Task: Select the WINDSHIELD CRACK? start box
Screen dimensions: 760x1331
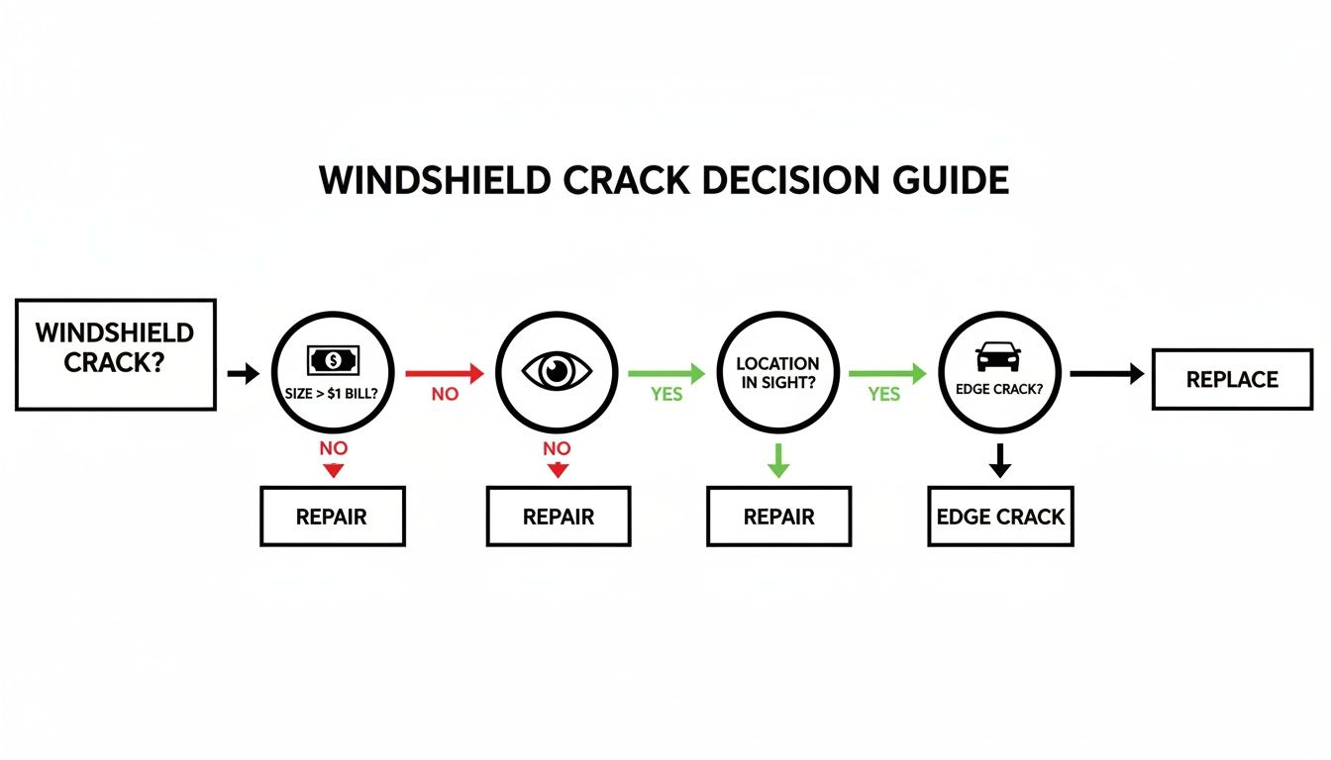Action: (x=116, y=354)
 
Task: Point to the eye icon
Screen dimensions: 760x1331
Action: (x=557, y=372)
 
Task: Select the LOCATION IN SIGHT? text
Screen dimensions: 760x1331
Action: (x=777, y=372)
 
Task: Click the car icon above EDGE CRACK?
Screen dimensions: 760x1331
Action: (x=999, y=356)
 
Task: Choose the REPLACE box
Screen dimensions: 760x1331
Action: (x=1232, y=379)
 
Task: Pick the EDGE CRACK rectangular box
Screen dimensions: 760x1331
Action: (x=1000, y=516)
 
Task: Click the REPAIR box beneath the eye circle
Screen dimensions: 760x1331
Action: (x=558, y=516)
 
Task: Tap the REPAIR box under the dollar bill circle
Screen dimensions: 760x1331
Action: (x=333, y=516)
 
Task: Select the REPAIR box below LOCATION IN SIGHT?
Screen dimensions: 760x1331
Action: (x=778, y=516)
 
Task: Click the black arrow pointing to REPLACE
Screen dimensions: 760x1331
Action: (x=1107, y=373)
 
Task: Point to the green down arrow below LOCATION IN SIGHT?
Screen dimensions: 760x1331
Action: (x=778, y=460)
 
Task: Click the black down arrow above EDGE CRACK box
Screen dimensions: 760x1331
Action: (x=1000, y=460)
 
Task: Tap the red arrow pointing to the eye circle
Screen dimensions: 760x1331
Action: (x=444, y=373)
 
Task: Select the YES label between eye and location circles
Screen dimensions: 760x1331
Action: (x=666, y=394)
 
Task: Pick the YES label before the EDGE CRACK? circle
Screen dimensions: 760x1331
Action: (x=884, y=394)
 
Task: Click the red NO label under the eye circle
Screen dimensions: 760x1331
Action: (x=558, y=448)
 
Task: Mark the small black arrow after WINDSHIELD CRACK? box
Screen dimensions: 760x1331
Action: (x=243, y=373)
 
